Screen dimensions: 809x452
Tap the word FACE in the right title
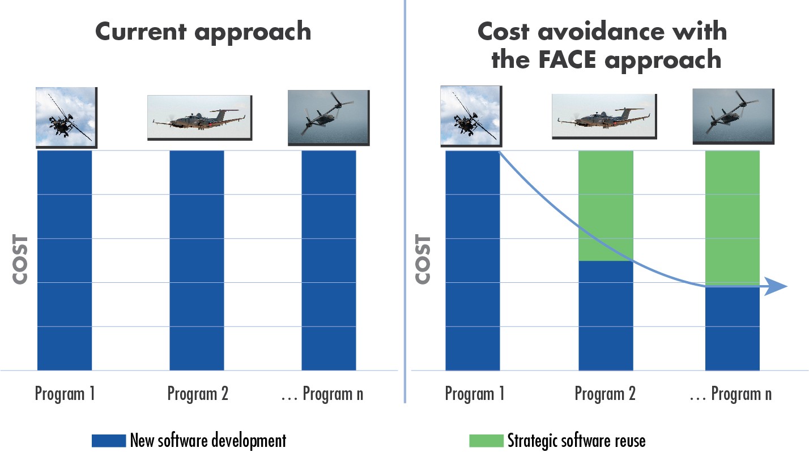click(x=567, y=59)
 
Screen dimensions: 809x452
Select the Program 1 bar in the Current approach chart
click(x=65, y=260)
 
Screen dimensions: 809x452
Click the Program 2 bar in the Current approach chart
click(x=197, y=260)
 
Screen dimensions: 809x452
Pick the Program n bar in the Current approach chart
click(x=329, y=260)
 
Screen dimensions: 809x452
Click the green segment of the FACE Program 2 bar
click(x=606, y=205)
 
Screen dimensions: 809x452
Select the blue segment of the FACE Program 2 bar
click(x=606, y=316)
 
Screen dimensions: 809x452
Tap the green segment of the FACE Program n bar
click(x=733, y=218)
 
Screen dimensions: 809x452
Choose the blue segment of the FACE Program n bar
click(x=733, y=329)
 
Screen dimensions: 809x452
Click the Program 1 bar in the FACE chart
click(x=472, y=260)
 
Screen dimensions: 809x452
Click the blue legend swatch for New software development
click(x=109, y=441)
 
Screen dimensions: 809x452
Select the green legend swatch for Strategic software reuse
click(x=486, y=441)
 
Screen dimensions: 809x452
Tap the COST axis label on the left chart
click(x=20, y=260)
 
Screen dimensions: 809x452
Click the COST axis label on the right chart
click(x=423, y=260)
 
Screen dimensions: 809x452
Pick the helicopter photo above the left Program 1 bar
click(x=66, y=118)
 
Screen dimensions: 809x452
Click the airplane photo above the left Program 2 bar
click(x=200, y=118)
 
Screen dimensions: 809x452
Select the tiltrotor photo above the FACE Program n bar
click(x=734, y=116)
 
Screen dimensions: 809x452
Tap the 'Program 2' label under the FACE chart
click(x=605, y=394)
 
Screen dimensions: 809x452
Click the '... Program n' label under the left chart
click(x=322, y=394)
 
